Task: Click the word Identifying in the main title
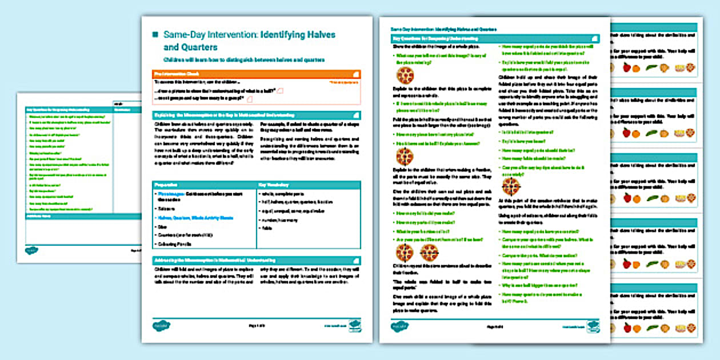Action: [x=283, y=35]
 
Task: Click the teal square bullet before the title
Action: [x=154, y=35]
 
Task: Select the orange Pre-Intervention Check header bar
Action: [x=257, y=74]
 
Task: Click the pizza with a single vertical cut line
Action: [x=405, y=155]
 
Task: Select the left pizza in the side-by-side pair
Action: [x=405, y=251]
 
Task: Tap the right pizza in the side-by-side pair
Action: [x=429, y=251]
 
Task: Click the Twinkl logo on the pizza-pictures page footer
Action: [x=396, y=326]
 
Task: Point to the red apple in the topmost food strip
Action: [x=626, y=67]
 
